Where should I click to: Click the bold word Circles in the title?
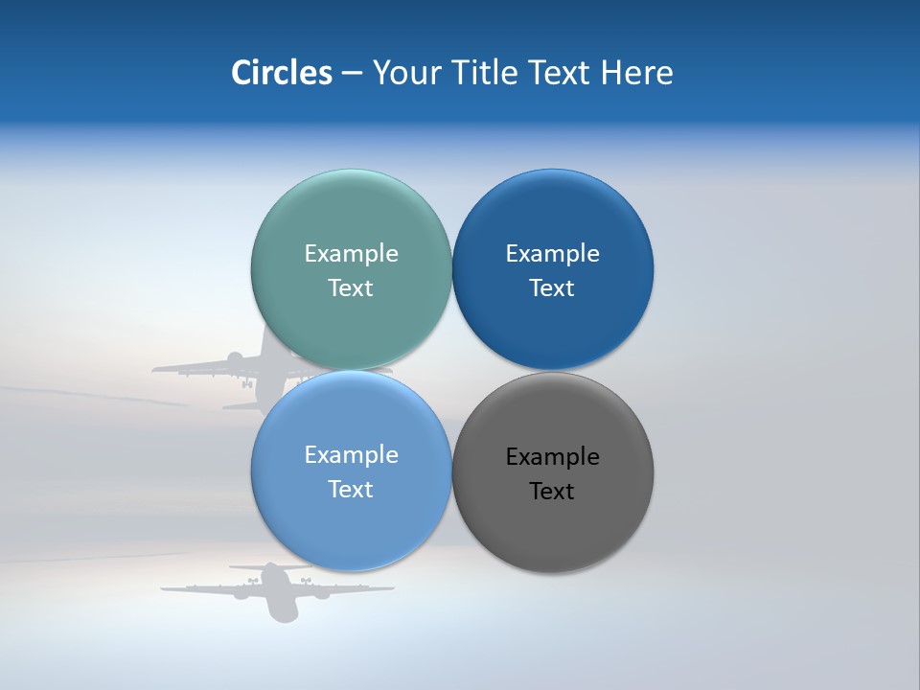point(282,73)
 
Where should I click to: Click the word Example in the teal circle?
point(351,253)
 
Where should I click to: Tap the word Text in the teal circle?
point(351,287)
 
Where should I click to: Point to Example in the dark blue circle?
point(553,253)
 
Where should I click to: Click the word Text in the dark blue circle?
point(553,287)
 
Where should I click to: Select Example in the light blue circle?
point(351,454)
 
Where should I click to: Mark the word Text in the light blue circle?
point(351,489)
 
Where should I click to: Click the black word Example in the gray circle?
point(553,456)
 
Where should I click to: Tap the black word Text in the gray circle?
point(553,491)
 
